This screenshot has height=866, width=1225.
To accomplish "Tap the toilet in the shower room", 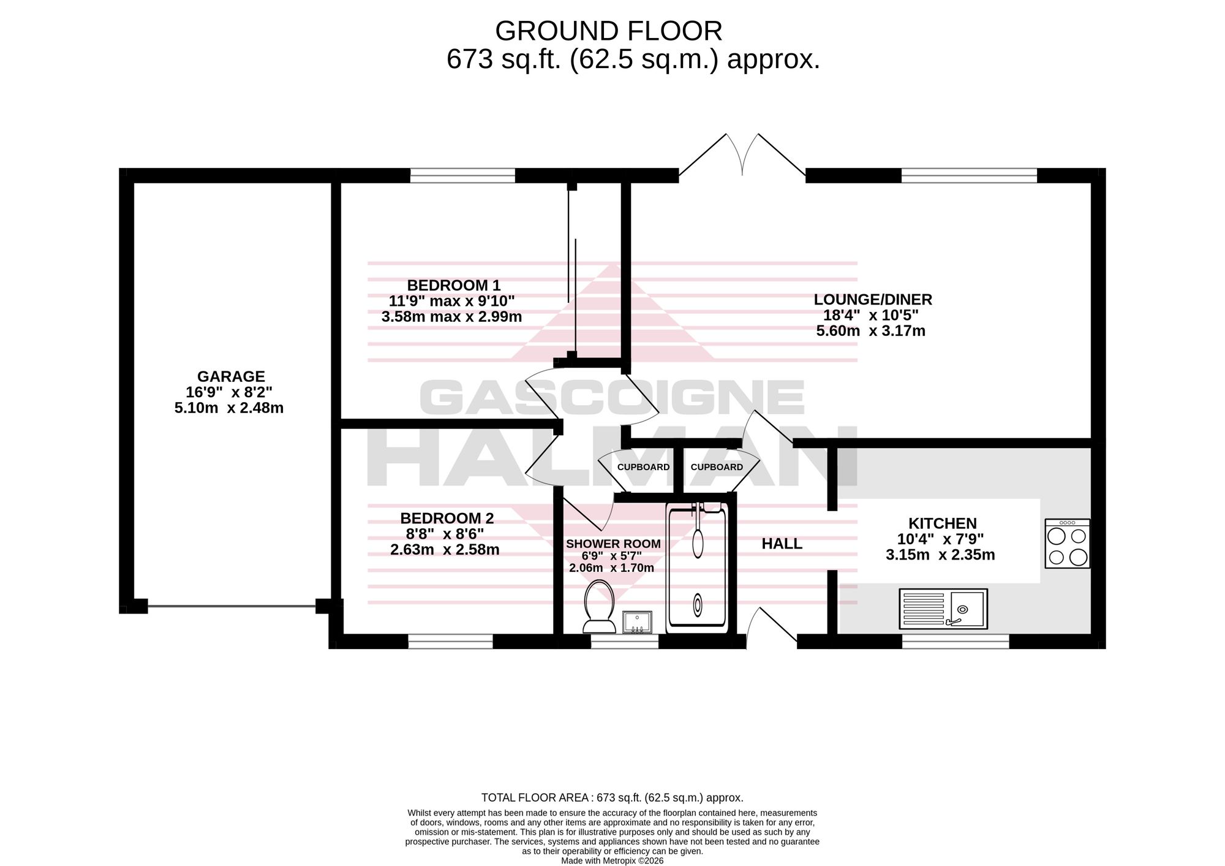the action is tap(600, 606).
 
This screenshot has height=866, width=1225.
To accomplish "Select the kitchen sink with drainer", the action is tap(943, 609).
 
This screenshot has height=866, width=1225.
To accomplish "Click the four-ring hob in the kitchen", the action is tap(1068, 543).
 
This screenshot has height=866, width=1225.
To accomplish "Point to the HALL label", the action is tap(782, 544).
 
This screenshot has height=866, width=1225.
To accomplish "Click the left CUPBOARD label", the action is tap(643, 467).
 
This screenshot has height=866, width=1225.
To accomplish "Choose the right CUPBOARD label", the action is tap(717, 467).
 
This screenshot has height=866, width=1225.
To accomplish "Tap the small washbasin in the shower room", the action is tap(637, 622).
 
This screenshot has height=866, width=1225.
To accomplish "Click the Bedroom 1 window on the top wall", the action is tap(462, 176).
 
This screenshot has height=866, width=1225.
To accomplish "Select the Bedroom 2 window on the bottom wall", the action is tap(450, 641).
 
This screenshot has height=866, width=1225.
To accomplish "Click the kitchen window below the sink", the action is tap(956, 641).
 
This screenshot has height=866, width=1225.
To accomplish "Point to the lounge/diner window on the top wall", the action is tap(969, 176).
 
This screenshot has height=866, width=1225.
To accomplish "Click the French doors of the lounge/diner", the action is tap(742, 156).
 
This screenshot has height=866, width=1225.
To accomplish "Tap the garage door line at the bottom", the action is tap(232, 606).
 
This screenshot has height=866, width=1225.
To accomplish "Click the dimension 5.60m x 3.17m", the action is tap(870, 332).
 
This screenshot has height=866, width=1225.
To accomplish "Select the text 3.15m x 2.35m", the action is tap(940, 555).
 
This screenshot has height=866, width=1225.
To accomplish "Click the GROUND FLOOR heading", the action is tap(609, 31).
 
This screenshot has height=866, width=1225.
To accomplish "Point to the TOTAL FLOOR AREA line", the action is tap(612, 798).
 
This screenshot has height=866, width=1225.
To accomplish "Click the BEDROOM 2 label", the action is tap(447, 518).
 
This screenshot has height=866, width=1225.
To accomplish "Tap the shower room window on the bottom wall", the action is tap(624, 641).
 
